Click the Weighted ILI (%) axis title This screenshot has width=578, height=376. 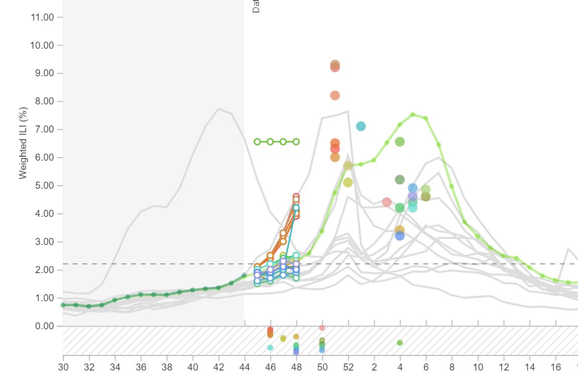23,143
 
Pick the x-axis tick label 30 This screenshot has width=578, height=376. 63,367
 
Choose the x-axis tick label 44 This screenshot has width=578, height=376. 245,367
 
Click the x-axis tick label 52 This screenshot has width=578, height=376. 348,367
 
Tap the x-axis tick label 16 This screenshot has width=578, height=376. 555,367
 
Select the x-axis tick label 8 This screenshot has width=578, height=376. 452,367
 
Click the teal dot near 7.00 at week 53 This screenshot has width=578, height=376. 361,127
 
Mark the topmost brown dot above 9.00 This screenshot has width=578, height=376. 335,65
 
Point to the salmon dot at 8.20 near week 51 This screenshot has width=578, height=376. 335,95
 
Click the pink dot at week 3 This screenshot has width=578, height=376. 387,202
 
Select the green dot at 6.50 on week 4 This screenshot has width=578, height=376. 400,142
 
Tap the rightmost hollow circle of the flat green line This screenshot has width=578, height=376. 296,142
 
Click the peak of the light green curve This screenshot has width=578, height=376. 413,114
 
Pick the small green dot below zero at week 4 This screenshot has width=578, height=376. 400,343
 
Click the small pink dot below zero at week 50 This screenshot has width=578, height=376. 322,328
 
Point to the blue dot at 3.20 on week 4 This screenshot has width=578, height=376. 400,236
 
